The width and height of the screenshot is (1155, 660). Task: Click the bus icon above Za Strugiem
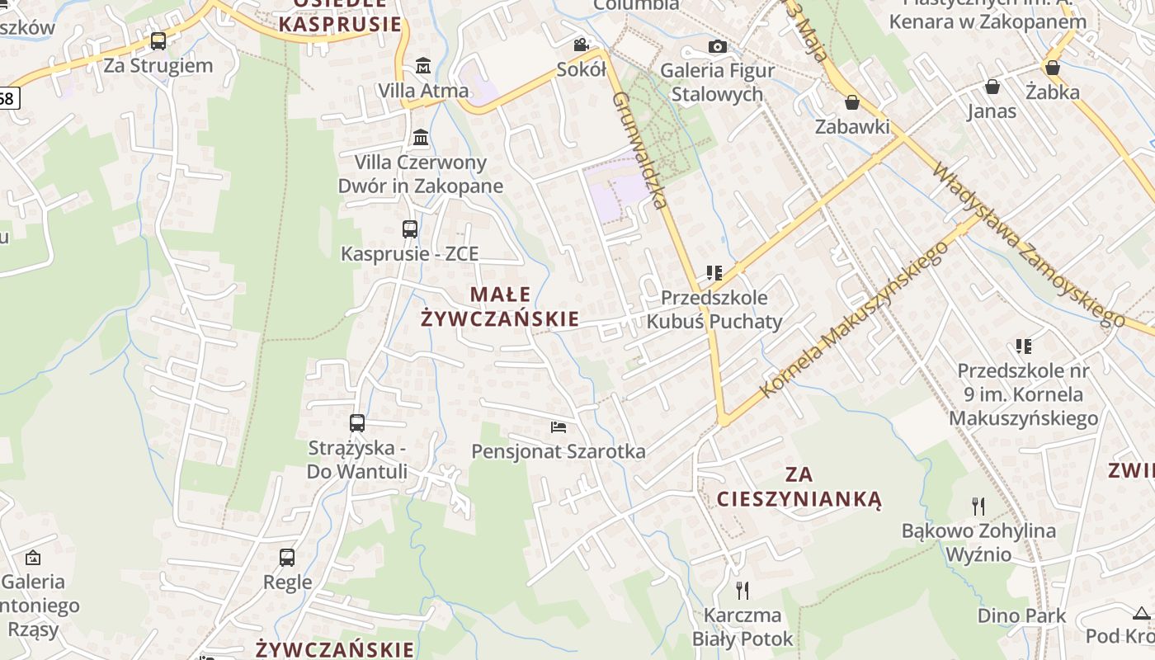(158, 40)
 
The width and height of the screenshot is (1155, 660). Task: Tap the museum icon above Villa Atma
(423, 64)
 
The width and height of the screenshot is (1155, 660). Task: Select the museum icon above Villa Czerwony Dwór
(421, 136)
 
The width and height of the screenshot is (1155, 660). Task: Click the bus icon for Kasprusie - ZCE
(409, 229)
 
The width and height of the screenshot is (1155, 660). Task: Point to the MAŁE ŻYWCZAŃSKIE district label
(500, 307)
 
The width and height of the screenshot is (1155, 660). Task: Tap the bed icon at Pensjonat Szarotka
(559, 427)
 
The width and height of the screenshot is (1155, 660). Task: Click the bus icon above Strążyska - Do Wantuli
(357, 423)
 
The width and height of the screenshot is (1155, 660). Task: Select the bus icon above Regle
(287, 557)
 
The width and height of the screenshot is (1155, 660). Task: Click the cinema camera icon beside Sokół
(581, 45)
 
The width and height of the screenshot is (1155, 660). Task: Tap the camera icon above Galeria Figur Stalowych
(718, 46)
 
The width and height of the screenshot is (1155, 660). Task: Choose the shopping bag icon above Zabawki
(851, 102)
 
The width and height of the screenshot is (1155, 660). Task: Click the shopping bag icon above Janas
(992, 87)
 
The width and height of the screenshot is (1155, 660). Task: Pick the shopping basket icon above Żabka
(1052, 67)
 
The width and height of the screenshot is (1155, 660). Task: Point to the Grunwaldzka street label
(639, 148)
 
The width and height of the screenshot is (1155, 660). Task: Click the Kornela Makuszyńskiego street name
(854, 322)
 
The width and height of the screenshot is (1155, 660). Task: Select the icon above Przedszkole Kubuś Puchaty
(714, 272)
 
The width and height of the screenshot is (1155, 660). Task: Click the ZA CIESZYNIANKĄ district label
(799, 487)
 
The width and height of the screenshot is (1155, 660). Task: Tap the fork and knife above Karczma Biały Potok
(742, 590)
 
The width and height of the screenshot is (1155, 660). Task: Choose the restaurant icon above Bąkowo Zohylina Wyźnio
(978, 505)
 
